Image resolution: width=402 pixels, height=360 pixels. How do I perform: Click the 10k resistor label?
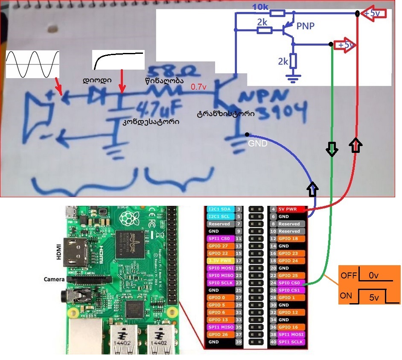(x=261, y=7)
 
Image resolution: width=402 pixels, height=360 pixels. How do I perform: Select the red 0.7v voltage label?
(x=198, y=87)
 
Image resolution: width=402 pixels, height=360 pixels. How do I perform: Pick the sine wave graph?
(x=33, y=64)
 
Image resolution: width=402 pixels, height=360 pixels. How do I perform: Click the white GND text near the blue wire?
(x=258, y=143)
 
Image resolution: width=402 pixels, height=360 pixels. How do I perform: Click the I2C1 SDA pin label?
(x=219, y=210)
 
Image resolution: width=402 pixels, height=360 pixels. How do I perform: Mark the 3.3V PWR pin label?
(x=219, y=260)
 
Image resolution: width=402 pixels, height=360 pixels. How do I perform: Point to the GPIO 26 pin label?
(x=219, y=334)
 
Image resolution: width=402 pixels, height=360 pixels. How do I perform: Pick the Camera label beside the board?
(x=54, y=279)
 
